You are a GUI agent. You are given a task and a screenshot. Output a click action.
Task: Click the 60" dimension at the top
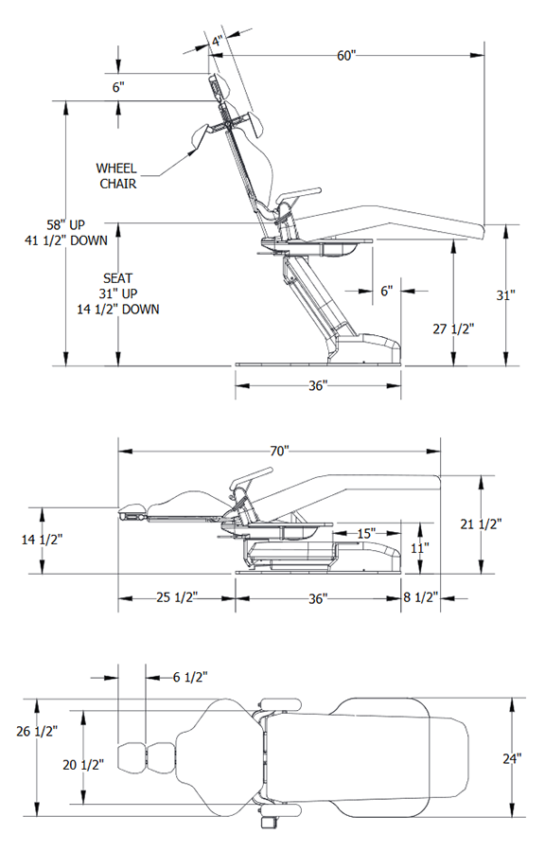pos(346,56)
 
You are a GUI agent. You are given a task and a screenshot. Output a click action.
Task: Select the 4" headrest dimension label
pos(217,42)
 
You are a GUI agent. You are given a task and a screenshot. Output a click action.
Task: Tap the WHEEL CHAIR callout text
pos(118,175)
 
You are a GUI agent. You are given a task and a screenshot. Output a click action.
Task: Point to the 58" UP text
pos(68,225)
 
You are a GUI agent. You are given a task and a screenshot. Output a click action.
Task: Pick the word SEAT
pos(118,278)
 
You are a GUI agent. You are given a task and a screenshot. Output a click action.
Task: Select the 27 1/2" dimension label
pos(452,328)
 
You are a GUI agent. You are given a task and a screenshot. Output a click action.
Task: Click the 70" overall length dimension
pos(278,452)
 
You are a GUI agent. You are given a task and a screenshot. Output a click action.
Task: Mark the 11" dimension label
pos(420,546)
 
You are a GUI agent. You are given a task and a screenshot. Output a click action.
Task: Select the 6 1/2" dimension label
pos(191,676)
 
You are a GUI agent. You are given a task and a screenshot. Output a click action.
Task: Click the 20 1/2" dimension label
pos(83,764)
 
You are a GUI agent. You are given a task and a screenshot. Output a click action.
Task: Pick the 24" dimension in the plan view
pos(512,758)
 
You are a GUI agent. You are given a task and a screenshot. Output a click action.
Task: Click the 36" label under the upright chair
pos(317,385)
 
